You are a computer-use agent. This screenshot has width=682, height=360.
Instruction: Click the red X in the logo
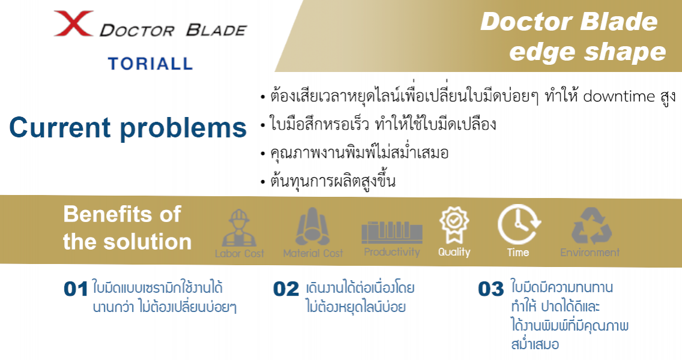tap(73, 23)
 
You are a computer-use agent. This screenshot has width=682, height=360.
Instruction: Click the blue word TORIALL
tap(151, 64)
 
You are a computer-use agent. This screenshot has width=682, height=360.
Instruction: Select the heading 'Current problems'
tap(128, 128)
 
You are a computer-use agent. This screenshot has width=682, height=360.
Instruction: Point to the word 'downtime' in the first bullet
tap(619, 96)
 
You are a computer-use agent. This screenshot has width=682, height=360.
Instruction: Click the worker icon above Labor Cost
tap(239, 228)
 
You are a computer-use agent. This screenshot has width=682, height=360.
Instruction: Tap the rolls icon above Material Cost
tap(313, 227)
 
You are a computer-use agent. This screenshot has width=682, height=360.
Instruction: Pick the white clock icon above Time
tap(519, 224)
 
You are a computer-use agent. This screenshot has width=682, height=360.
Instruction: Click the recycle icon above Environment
tap(591, 226)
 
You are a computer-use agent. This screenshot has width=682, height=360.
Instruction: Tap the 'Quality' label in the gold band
tap(454, 253)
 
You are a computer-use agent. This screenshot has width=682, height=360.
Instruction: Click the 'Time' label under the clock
tap(518, 253)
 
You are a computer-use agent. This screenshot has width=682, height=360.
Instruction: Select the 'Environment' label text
tap(590, 253)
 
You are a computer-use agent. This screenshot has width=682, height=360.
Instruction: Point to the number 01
tap(76, 289)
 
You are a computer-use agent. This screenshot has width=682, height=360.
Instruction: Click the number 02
tap(286, 289)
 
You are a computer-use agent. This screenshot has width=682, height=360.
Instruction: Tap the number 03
tap(490, 289)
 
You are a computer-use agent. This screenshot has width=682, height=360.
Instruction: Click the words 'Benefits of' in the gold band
tap(122, 214)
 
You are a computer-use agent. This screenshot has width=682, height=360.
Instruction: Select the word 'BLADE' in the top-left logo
tap(216, 31)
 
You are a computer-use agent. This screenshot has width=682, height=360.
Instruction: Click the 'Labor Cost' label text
tap(239, 253)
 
